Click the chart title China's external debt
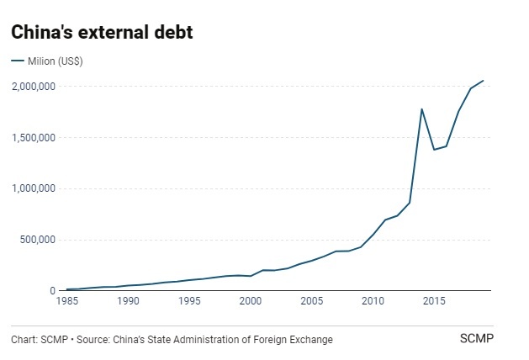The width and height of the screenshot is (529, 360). (103, 32)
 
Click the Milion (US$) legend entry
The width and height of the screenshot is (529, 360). (52, 61)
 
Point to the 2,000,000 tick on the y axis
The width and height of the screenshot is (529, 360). (34, 86)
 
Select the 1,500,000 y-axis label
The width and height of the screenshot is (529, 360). (34, 137)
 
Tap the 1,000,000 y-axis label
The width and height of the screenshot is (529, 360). (34, 188)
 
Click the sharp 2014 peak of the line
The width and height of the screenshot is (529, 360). (421, 109)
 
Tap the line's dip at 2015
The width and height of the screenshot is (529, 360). (434, 150)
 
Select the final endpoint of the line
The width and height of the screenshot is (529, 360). (484, 81)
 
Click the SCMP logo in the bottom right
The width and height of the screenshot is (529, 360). (475, 339)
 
